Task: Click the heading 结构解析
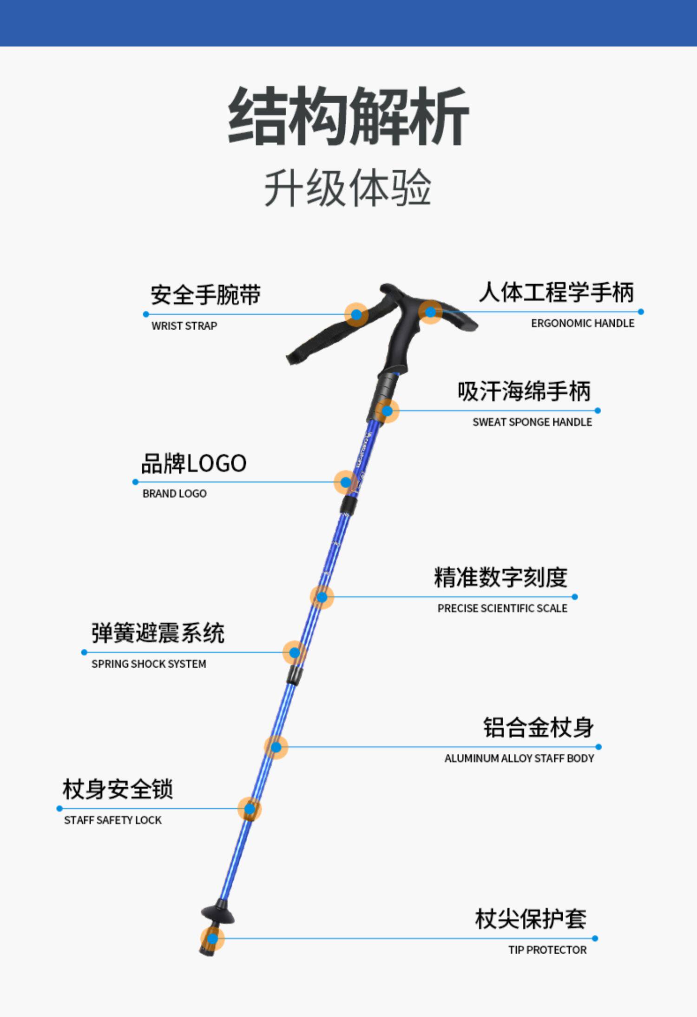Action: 348,116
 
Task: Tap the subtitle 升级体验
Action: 348,188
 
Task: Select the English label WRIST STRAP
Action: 184,326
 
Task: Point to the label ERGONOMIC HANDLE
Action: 582,323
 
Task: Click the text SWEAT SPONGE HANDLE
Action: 532,422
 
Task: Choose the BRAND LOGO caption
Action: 174,494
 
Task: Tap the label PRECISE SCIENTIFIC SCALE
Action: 502,609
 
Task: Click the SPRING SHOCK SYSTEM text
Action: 149,664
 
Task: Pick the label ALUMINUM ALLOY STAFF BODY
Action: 519,759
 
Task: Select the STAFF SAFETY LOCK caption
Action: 113,820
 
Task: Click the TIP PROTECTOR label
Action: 547,950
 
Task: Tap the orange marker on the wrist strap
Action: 356,315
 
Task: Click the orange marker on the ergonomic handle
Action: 430,312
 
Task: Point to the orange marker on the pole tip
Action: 212,939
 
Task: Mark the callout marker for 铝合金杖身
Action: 276,747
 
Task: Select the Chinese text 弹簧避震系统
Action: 158,633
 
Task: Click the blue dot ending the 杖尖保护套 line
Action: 595,938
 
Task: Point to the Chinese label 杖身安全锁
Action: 118,790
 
